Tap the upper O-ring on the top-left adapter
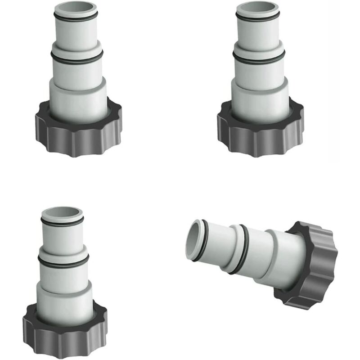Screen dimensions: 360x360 pyautogui.click(x=75, y=17)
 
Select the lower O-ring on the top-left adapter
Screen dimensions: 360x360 pyautogui.click(x=76, y=57)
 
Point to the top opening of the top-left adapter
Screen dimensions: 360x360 pyautogui.click(x=75, y=8)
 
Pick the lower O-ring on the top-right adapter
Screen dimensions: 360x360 pyautogui.click(x=258, y=58)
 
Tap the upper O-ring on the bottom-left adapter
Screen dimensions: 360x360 pyautogui.click(x=62, y=221)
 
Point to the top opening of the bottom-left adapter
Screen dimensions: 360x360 pyautogui.click(x=62, y=213)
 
